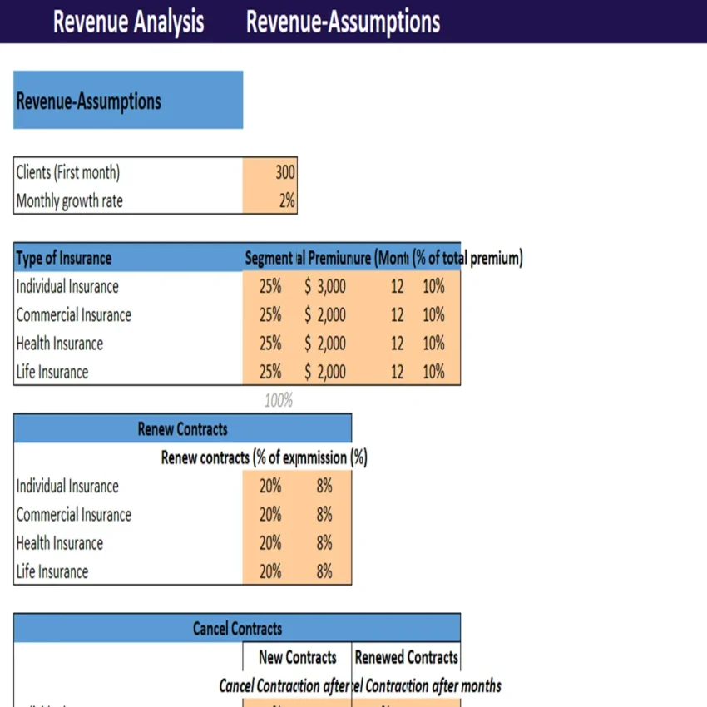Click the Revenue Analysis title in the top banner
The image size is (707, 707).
tap(128, 22)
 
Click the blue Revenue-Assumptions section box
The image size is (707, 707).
tap(128, 101)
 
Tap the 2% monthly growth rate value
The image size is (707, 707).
tap(286, 200)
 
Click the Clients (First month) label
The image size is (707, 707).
tap(68, 173)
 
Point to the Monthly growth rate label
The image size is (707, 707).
tap(70, 200)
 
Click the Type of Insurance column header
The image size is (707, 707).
tap(64, 258)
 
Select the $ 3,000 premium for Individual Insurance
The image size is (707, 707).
tap(324, 287)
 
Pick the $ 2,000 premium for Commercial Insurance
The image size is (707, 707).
tap(324, 315)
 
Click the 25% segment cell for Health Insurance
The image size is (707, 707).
tap(270, 344)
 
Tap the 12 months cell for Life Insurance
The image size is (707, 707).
tap(397, 372)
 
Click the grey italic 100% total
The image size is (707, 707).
tap(278, 400)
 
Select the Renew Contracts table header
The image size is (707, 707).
tap(182, 429)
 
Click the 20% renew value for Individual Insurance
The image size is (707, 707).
tap(270, 487)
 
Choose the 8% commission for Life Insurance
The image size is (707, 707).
tap(324, 571)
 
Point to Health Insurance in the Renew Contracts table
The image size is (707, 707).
tap(60, 543)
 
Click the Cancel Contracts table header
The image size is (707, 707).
tap(237, 629)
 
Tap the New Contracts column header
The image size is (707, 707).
tap(297, 657)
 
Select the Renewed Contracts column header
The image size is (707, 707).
tap(406, 657)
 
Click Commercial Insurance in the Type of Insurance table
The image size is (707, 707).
tap(74, 315)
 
